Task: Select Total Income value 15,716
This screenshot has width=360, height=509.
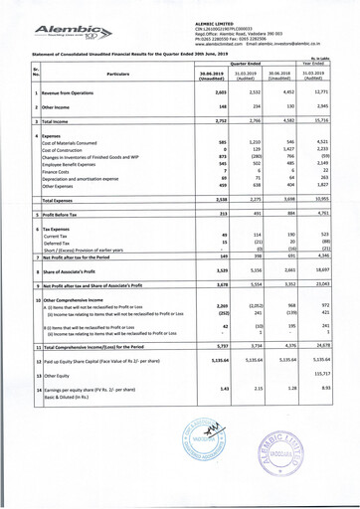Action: pos(334,119)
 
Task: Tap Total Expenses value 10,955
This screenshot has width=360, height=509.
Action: pos(334,198)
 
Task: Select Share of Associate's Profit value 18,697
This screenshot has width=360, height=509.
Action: pos(334,268)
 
